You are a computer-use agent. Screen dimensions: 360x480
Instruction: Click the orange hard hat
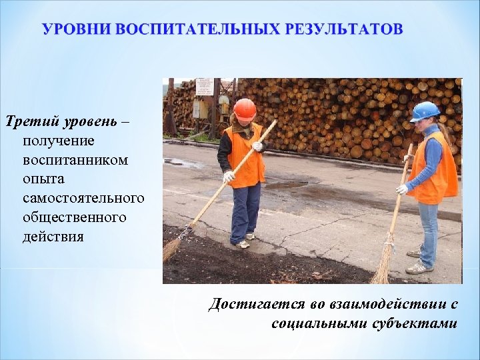(245, 108)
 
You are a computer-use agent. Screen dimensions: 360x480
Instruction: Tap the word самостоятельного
(83, 199)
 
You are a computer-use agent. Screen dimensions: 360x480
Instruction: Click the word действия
(53, 237)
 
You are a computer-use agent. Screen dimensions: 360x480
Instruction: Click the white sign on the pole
(205, 87)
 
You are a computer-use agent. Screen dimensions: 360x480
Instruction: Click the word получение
(58, 141)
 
